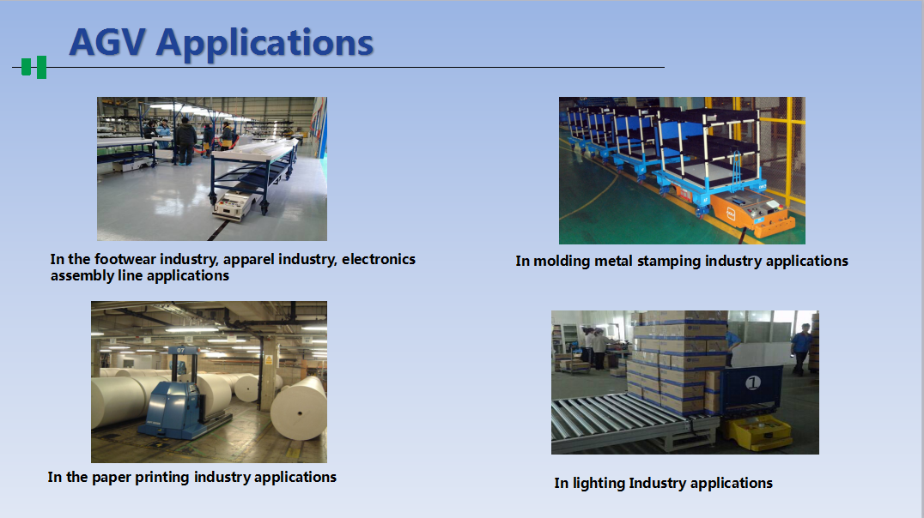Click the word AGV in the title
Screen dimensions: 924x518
108,42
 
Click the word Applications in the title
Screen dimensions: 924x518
264,45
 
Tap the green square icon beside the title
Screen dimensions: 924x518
34,67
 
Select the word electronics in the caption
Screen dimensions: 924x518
379,259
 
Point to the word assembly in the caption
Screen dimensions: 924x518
78,276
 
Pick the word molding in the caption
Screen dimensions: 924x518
562,261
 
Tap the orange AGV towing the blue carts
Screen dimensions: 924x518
752,213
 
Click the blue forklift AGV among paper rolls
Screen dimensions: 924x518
182,398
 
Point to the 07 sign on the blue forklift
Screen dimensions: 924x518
180,350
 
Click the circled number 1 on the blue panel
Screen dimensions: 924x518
752,383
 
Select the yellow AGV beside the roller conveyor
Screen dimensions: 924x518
757,432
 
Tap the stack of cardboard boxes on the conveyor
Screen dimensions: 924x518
678,362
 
